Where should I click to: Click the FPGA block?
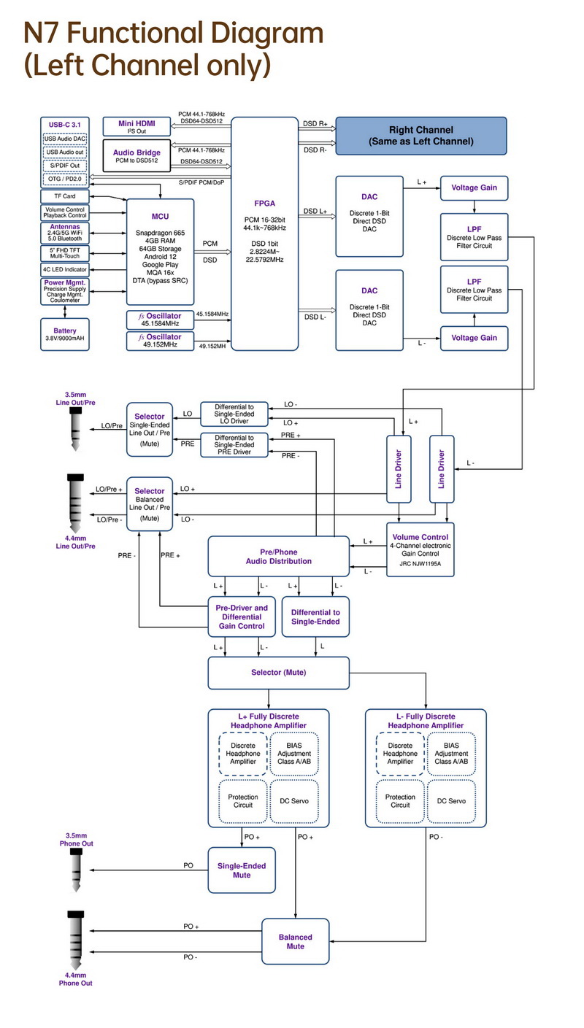tap(264, 233)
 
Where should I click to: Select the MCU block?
tap(161, 252)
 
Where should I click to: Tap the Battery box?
tap(64, 335)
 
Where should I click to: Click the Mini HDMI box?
tap(136, 127)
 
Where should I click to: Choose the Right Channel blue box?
tap(420, 135)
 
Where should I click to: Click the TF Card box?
tap(64, 196)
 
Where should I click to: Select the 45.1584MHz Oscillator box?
tap(161, 320)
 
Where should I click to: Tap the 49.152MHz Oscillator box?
tap(161, 341)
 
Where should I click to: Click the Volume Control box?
tap(420, 549)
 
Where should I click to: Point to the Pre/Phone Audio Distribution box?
tap(278, 557)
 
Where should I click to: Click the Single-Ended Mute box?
tap(242, 870)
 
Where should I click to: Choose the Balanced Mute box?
tap(295, 941)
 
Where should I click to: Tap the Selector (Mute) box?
tap(278, 672)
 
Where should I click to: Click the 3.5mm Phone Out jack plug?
tap(76, 870)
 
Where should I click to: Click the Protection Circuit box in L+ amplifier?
tap(242, 800)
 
